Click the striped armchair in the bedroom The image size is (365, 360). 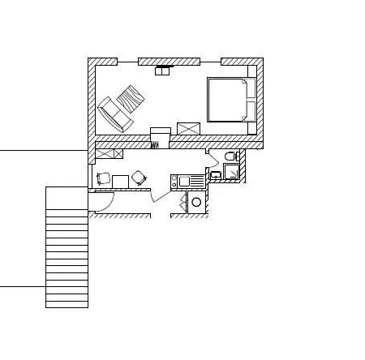point(130,99)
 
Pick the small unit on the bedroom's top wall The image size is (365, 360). point(163,71)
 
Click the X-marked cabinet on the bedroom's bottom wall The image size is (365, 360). point(188,128)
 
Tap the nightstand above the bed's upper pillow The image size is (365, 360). point(252,72)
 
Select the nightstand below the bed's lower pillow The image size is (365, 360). point(252,128)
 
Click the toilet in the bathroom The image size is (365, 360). point(230,155)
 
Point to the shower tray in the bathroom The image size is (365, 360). point(231,171)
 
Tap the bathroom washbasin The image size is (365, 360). point(215,174)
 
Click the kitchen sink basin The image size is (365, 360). point(183,181)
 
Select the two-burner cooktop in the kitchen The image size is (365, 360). point(174,181)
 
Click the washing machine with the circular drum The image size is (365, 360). point(197,203)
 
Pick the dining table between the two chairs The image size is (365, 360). point(120,180)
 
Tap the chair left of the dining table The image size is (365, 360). point(104,179)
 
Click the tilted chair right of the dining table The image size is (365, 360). point(139,177)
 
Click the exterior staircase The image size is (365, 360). point(67,247)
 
